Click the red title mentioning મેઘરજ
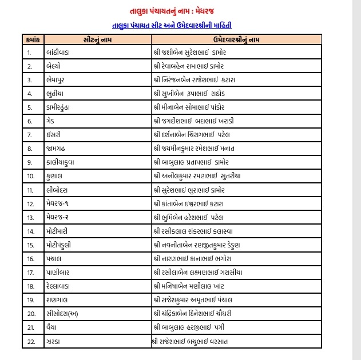click(x=172, y=11)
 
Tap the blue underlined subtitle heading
click(x=172, y=25)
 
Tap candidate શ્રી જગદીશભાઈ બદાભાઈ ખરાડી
click(x=202, y=121)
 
